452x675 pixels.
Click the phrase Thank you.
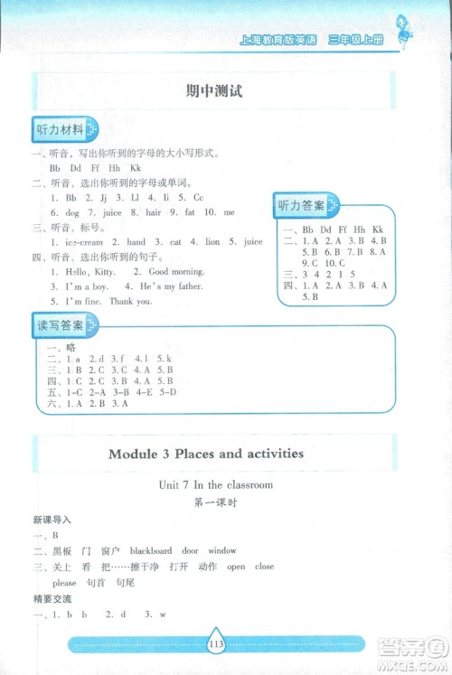tap(131, 302)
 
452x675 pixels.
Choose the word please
tap(64, 583)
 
